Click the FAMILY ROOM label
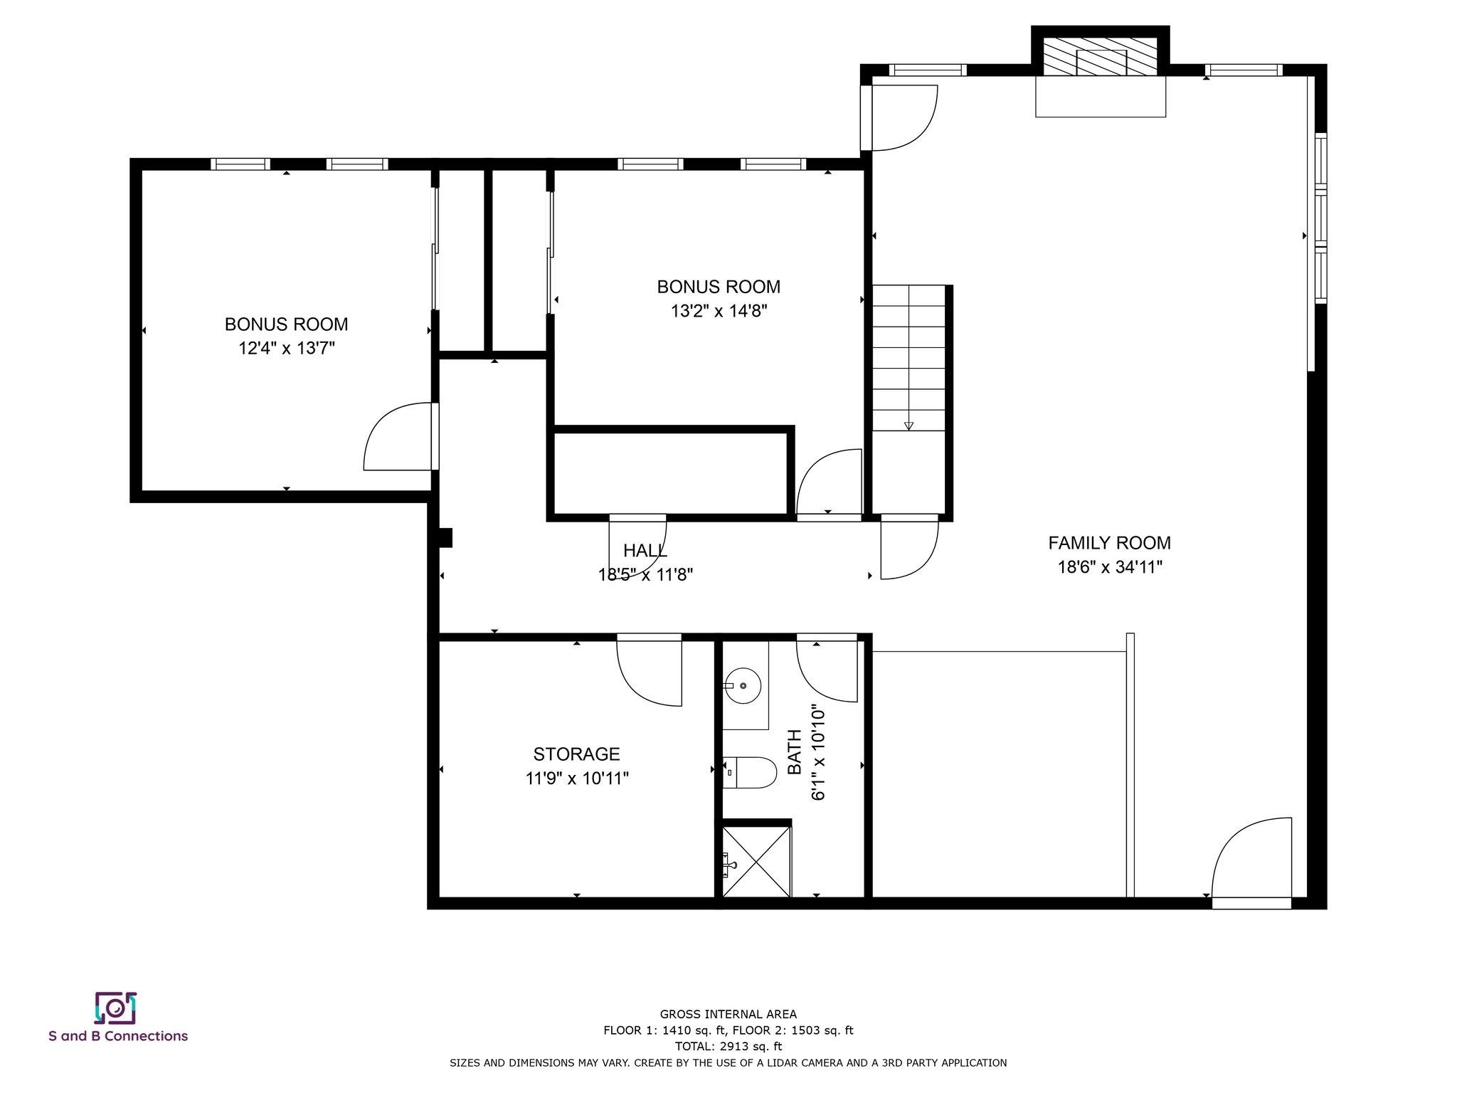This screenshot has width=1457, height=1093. point(1109,543)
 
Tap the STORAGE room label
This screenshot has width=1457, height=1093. point(576,754)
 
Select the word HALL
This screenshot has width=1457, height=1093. point(645,550)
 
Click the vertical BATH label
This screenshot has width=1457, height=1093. point(795,752)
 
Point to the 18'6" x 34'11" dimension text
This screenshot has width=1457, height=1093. point(1109,567)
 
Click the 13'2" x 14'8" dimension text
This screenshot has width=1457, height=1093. point(719,311)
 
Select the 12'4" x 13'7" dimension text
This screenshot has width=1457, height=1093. point(287,349)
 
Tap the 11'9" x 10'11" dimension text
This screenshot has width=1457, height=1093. point(577,778)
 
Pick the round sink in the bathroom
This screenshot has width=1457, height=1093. point(742,686)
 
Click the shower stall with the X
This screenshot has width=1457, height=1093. point(756,861)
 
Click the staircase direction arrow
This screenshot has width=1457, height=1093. point(908,426)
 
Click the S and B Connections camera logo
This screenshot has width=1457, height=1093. point(115,1008)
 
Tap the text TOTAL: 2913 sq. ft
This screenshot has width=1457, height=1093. point(728,1046)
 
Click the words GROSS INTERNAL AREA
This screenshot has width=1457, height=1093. point(728,1014)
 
